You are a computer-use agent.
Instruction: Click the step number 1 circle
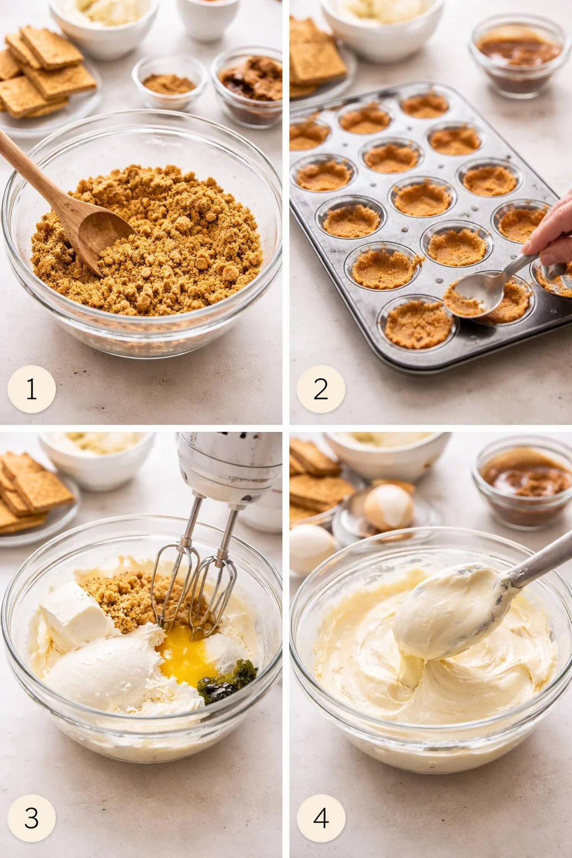point(31,389)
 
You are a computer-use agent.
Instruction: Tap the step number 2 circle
point(321,389)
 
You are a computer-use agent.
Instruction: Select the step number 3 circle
point(31,818)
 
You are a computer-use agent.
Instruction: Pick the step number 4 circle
point(321,818)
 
